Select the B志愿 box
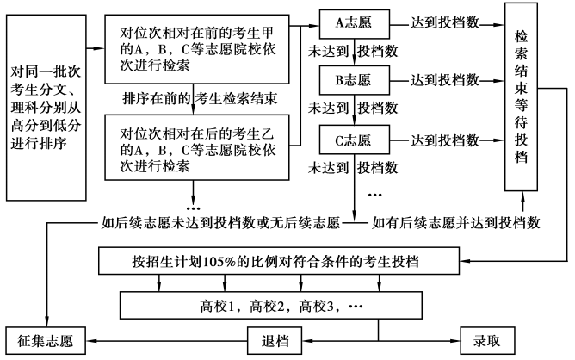coord(350,82)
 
